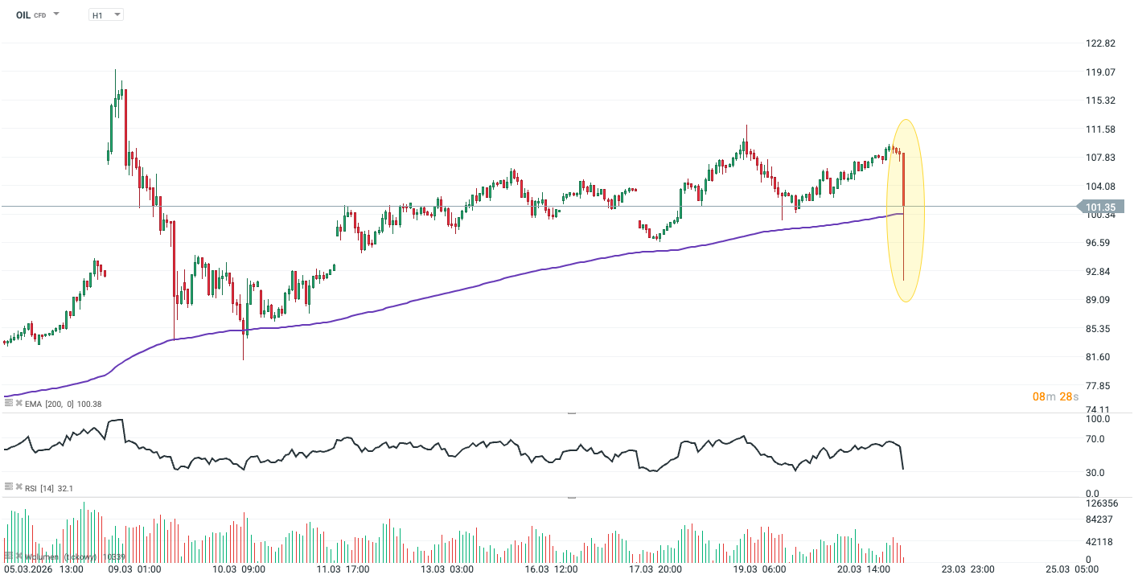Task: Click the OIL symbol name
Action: tap(23, 14)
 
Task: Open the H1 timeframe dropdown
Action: tap(105, 14)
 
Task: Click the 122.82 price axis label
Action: tap(1099, 43)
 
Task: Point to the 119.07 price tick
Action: tap(1099, 72)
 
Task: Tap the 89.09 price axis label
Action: tap(1099, 300)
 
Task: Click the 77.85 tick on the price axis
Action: tap(1099, 386)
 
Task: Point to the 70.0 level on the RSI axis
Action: tap(1096, 439)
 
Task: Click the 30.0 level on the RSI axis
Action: tap(1096, 472)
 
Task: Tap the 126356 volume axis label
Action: tap(1100, 504)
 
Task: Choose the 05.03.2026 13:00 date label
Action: tap(43, 569)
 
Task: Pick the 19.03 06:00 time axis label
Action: tap(759, 569)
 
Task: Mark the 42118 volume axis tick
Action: tap(1099, 541)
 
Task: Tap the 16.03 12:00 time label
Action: tap(551, 569)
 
